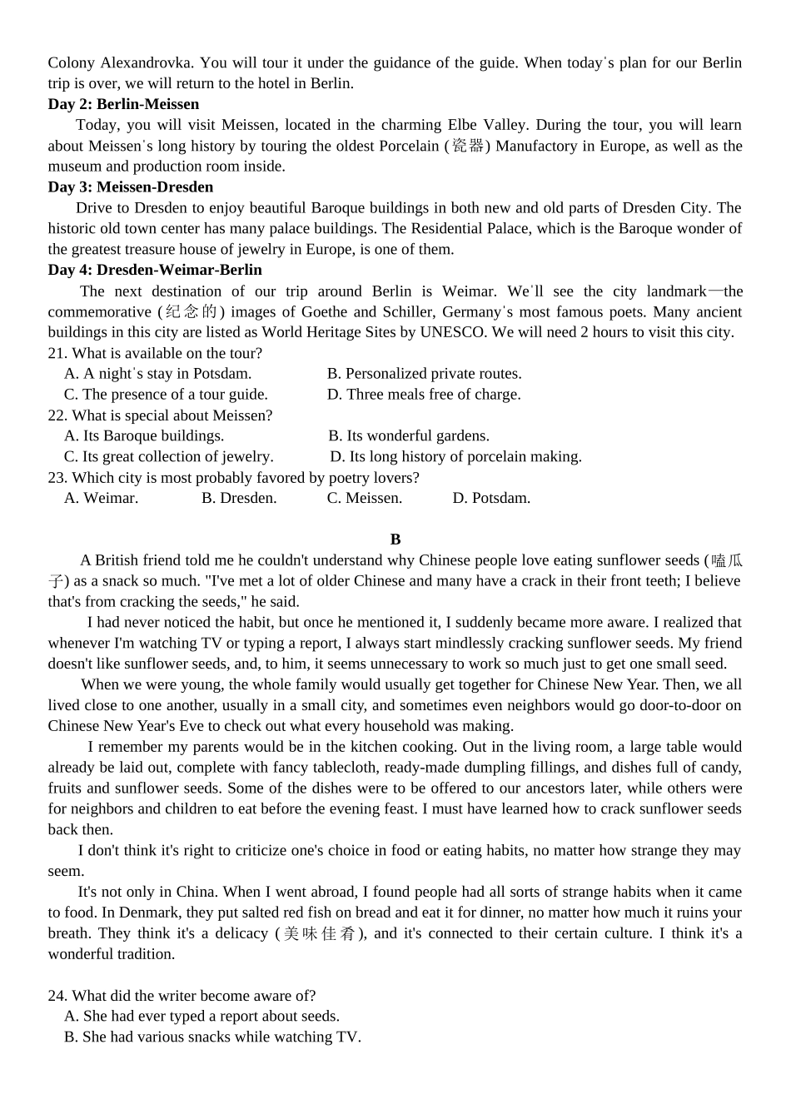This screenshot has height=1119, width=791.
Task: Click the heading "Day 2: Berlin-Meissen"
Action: (x=123, y=104)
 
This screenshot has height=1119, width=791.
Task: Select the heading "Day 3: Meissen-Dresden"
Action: (x=131, y=186)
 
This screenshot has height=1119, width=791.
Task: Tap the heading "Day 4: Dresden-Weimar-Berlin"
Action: (x=155, y=270)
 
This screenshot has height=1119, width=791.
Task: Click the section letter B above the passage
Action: (x=395, y=540)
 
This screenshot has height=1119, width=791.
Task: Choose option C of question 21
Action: (x=166, y=394)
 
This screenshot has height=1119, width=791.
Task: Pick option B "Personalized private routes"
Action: (x=425, y=373)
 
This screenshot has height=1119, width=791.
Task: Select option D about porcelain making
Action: (x=456, y=456)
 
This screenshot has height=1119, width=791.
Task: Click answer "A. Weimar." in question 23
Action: (x=101, y=498)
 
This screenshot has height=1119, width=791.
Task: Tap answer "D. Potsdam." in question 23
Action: (x=491, y=498)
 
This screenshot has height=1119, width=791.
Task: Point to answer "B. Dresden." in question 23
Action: (x=239, y=498)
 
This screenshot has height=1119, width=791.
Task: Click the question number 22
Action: (x=57, y=415)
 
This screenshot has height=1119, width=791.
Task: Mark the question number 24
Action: (x=57, y=995)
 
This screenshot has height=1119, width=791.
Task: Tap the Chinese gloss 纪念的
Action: (x=191, y=312)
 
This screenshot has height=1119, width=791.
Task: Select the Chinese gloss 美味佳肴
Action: (x=320, y=933)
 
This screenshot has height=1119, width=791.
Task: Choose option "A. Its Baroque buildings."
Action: (x=144, y=435)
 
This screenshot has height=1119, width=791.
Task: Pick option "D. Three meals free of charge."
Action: (x=424, y=394)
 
